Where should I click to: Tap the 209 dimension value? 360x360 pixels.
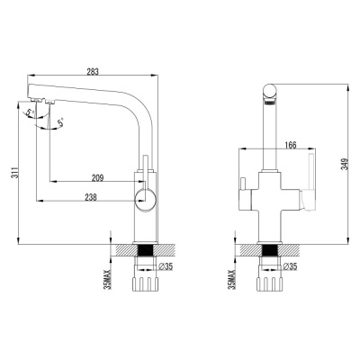click(98, 176)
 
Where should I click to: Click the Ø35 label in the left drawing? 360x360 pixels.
click(165, 266)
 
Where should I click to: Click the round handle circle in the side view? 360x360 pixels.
click(144, 200)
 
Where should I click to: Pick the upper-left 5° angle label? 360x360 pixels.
click(30, 112)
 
